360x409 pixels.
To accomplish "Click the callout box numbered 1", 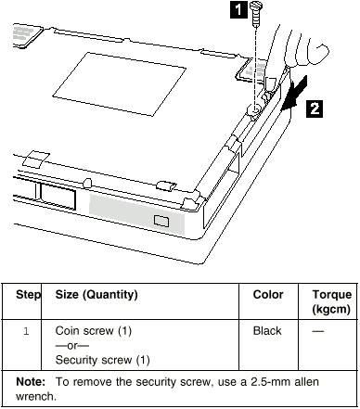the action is (x=238, y=9).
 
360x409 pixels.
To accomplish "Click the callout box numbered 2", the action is (x=315, y=109).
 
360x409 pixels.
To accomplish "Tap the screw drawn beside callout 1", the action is (x=255, y=14).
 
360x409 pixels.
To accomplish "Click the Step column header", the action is (x=28, y=295).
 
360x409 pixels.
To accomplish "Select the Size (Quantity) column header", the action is (x=96, y=295).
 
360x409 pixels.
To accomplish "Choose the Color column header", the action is (x=268, y=295).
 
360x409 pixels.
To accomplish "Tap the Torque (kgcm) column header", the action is (x=331, y=301).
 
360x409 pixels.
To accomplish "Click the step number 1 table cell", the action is (x=26, y=331).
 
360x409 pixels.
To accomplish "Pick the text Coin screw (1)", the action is (x=94, y=331).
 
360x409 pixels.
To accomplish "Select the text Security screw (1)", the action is (x=102, y=360).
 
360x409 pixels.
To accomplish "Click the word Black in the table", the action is (x=267, y=331).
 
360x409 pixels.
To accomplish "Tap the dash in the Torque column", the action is (x=318, y=331).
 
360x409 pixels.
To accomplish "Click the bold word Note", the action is (x=31, y=382).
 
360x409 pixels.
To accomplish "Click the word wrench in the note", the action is (x=36, y=397).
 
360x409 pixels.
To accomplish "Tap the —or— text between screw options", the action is (x=71, y=346).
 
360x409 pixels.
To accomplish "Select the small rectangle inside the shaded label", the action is (x=161, y=221).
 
